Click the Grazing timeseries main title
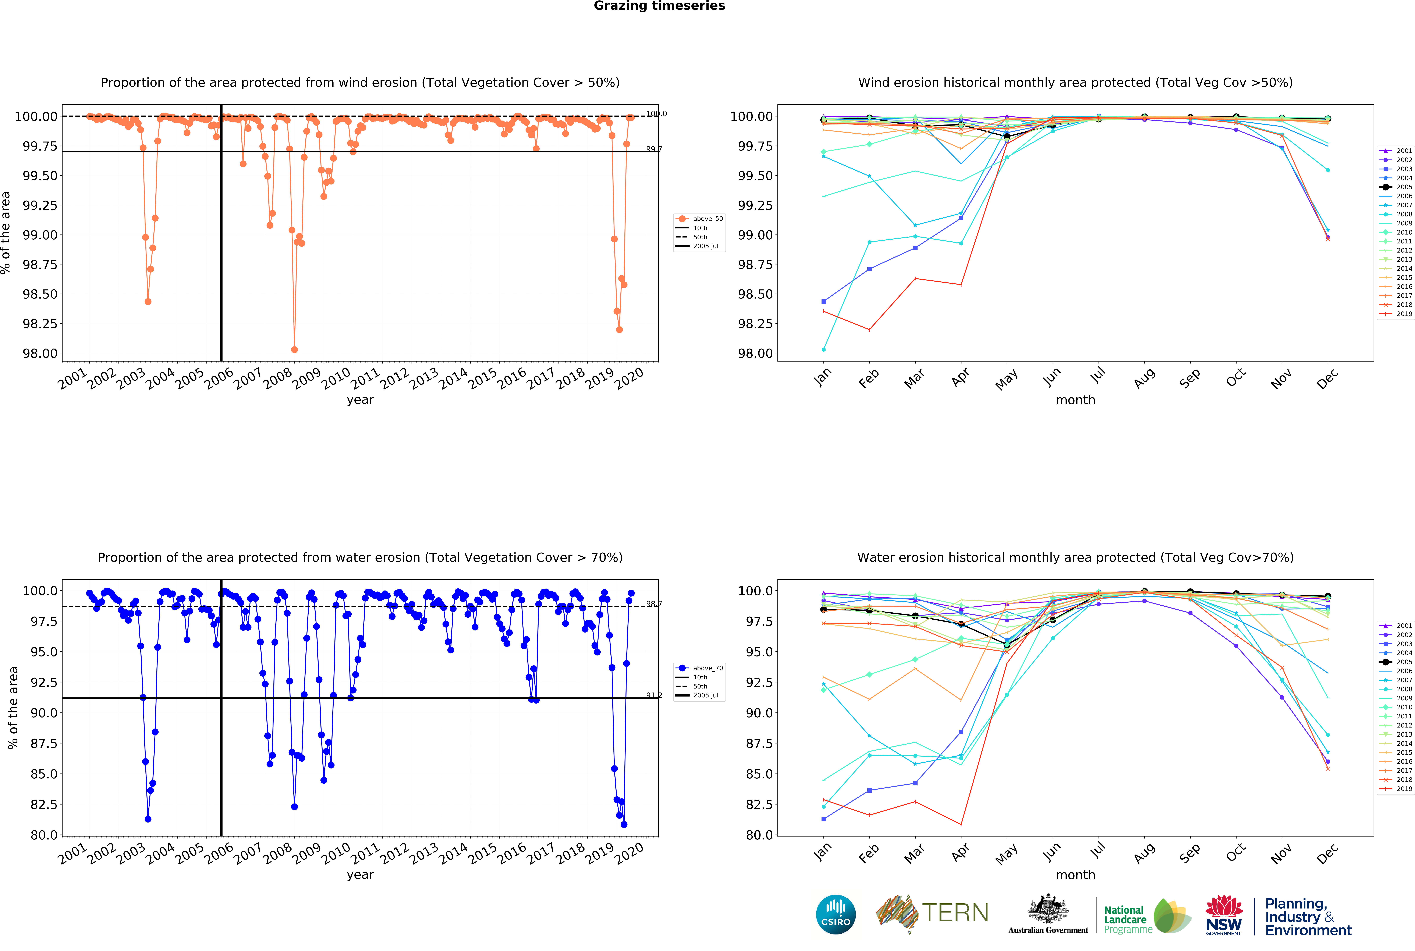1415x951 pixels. [x=659, y=6]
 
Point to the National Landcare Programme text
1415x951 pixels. [x=1125, y=919]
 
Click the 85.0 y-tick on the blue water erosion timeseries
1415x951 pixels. [x=44, y=774]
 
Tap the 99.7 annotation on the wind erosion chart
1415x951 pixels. [x=654, y=149]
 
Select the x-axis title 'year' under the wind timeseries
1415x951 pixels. [x=360, y=400]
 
